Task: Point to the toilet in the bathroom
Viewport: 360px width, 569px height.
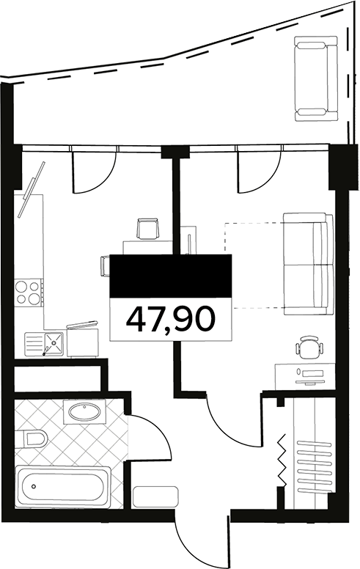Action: pyautogui.click(x=32, y=439)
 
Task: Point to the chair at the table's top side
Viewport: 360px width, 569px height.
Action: pyautogui.click(x=149, y=228)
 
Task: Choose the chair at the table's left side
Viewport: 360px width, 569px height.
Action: pyautogui.click(x=104, y=265)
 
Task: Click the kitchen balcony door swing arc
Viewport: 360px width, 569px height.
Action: pyautogui.click(x=103, y=176)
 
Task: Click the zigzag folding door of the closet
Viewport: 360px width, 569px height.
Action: pyautogui.click(x=281, y=460)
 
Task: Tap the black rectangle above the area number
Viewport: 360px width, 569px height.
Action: pyautogui.click(x=170, y=276)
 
